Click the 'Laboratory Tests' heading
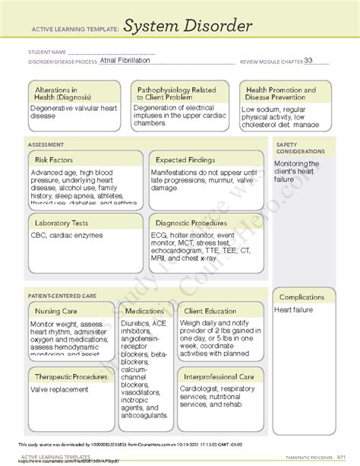62,223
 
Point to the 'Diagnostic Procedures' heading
191,223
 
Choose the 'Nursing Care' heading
55,311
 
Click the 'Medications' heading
144,311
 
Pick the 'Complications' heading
303,297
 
